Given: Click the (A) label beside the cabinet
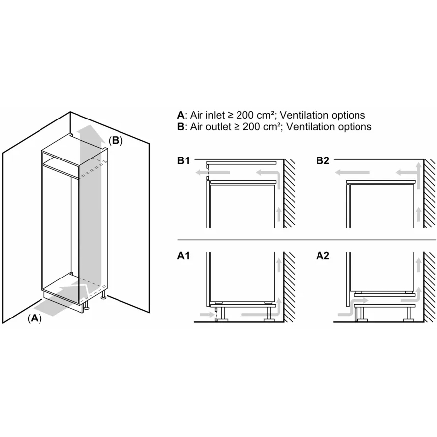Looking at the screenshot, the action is point(35,318).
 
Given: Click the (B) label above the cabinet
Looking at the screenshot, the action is point(116,141).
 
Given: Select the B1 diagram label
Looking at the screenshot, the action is point(183,160).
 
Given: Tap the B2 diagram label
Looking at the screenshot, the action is point(323,160).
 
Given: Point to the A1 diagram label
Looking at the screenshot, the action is point(183,256).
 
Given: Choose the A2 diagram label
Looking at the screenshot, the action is point(323,256).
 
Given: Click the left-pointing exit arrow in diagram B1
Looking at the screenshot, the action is point(213,172).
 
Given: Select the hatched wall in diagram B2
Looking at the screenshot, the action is point(429,194).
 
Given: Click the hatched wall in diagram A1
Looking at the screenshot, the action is point(289,287).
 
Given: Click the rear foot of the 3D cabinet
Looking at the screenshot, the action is point(103,295).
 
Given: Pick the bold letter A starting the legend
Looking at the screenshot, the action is point(181,115).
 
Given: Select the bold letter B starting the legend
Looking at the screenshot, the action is point(181,127).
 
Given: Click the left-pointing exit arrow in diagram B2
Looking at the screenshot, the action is point(352,173).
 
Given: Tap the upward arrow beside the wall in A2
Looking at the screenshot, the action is point(418,265).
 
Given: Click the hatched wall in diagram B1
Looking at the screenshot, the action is point(289,194).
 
